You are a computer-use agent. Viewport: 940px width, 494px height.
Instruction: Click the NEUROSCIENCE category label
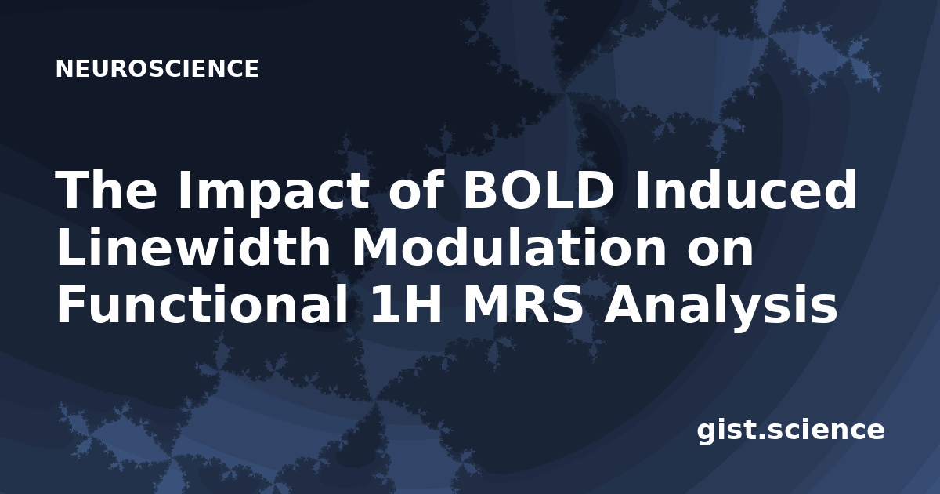(157, 68)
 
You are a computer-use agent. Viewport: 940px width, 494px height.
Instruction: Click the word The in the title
(107, 190)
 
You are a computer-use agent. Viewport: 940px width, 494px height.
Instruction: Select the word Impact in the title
(273, 193)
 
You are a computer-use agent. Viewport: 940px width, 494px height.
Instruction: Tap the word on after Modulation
(720, 252)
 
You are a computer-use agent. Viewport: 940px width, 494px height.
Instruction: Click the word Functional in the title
(202, 304)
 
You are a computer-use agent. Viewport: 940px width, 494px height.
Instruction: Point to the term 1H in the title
(406, 304)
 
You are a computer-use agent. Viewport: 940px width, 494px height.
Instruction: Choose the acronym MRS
(523, 304)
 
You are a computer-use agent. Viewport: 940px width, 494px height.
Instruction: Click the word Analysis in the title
(720, 308)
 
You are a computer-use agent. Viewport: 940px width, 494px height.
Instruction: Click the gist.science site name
(790, 430)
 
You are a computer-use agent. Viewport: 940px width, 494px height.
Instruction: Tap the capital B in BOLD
(481, 190)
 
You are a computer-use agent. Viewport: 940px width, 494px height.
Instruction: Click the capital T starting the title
(72, 190)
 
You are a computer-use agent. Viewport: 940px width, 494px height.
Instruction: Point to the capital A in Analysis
(624, 304)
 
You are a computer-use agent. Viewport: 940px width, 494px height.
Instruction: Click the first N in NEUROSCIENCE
(64, 68)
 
